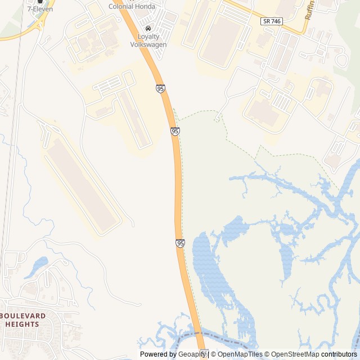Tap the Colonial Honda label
tap(132, 7)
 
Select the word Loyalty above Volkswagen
tap(145, 37)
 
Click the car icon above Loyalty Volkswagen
tap(148, 28)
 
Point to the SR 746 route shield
tap(272, 21)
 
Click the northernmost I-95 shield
tap(161, 89)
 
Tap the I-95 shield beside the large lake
tap(180, 243)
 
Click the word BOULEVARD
tap(24, 316)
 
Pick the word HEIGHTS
tap(22, 324)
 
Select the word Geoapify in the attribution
tap(192, 354)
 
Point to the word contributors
tap(339, 354)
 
